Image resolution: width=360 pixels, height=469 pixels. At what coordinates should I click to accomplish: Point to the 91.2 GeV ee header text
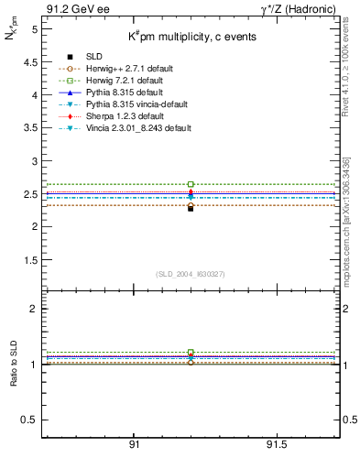click(x=71, y=9)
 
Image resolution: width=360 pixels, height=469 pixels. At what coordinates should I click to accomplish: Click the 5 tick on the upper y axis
click(x=34, y=29)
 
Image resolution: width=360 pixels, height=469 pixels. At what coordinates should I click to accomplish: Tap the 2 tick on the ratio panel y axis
click(x=34, y=310)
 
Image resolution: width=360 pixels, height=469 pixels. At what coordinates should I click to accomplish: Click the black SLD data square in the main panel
click(x=191, y=208)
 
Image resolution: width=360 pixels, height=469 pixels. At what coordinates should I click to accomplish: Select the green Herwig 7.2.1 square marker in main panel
click(x=191, y=184)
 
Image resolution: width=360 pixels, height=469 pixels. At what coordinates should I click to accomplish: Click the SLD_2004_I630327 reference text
click(x=191, y=274)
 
